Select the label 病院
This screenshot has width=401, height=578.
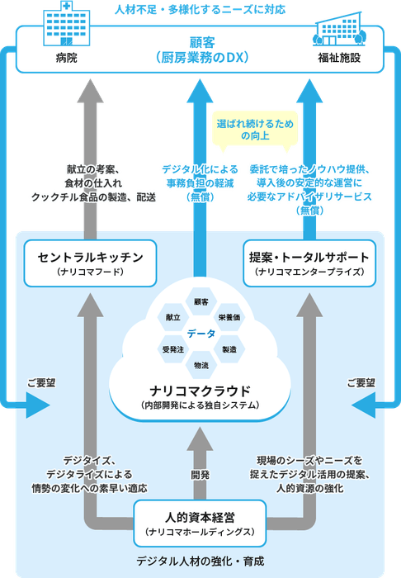click(67, 58)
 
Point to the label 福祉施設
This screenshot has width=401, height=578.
click(337, 58)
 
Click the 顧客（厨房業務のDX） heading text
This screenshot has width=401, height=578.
click(200, 49)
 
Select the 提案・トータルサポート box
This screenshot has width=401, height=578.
click(309, 262)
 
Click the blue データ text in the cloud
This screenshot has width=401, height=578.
click(200, 333)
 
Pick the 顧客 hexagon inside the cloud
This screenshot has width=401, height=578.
click(200, 301)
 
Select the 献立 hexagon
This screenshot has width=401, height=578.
click(172, 317)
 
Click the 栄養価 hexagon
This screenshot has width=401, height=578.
click(229, 317)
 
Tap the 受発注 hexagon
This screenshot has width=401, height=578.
click(172, 349)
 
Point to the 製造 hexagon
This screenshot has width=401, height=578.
click(229, 349)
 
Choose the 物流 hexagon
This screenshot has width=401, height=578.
click(200, 364)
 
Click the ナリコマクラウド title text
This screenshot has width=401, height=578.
click(200, 389)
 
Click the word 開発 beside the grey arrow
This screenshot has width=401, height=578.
click(200, 475)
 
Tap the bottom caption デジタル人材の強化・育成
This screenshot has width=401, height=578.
click(200, 561)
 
